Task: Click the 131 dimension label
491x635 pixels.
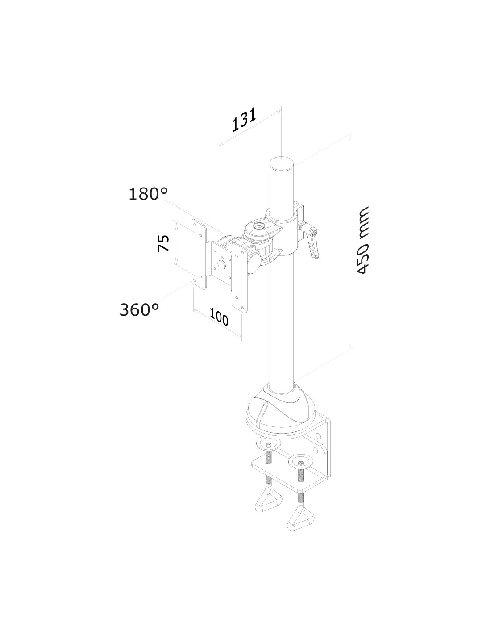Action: [244, 120]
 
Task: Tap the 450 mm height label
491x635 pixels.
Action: [362, 241]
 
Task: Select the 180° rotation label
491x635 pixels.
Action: [148, 194]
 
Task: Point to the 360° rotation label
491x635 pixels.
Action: [139, 309]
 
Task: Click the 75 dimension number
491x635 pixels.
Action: [163, 243]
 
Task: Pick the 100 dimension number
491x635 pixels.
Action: [219, 317]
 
